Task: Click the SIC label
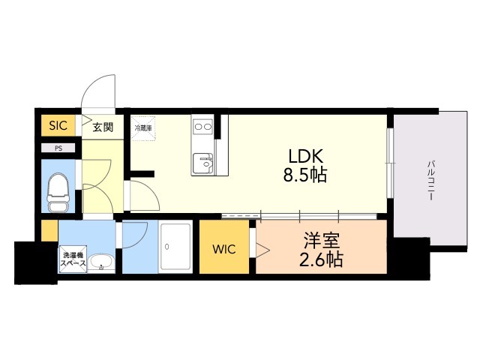[58, 126]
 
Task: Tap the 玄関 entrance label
[103, 127]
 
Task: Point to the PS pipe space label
[58, 148]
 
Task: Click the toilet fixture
[58, 193]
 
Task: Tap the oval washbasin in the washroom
[100, 262]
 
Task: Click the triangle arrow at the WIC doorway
[262, 248]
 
